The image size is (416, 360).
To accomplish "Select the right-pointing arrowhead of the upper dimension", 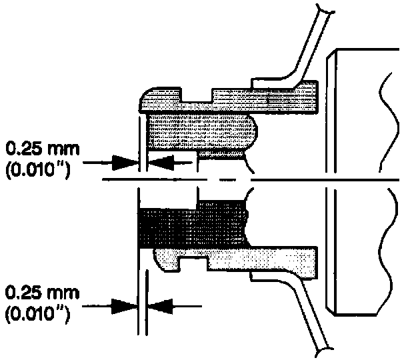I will coord(127,161).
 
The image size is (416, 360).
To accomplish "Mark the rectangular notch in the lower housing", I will coord(197,256).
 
